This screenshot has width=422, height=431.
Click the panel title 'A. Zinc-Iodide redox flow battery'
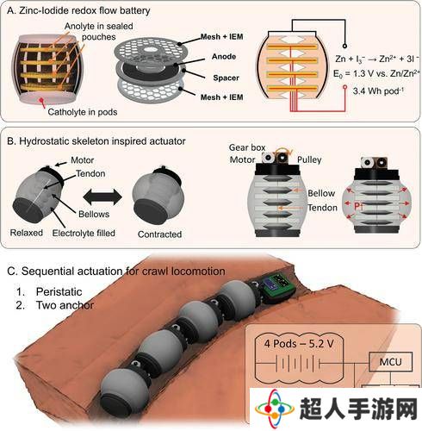coord(78,10)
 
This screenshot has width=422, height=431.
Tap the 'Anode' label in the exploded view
coord(224,57)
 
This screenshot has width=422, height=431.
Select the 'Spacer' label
coord(226,78)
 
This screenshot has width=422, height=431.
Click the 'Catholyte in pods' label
coord(83,112)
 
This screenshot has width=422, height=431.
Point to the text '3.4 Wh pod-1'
coord(378,91)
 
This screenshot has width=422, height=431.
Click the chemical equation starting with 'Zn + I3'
coord(377,59)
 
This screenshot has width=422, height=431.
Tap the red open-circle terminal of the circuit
coord(344,86)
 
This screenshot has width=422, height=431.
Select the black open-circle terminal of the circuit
coord(344,46)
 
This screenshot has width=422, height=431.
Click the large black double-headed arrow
coord(102,197)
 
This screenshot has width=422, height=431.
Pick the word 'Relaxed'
coord(27,233)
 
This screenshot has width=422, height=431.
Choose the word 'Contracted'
coord(159,234)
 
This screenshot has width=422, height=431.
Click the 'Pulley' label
coord(309,159)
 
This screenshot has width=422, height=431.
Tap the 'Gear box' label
coord(247,147)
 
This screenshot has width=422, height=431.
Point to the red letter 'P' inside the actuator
coord(357,206)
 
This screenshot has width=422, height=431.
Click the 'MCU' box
coord(391,362)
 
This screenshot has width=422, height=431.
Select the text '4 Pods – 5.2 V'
coord(299,343)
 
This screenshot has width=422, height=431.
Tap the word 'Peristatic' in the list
coord(59,291)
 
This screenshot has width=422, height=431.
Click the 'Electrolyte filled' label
coord(84,233)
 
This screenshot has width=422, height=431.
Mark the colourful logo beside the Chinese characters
coord(275,408)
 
